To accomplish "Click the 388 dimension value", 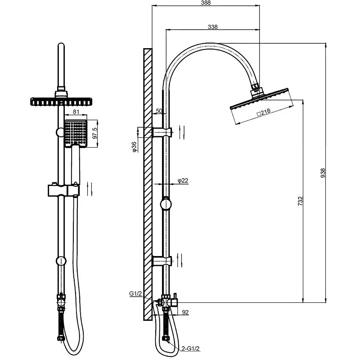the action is (x=206, y=3).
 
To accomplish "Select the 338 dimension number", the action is (x=212, y=27).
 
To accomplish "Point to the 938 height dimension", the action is (x=323, y=173).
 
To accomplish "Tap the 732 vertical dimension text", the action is (x=300, y=201).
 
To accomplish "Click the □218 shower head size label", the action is (x=264, y=112).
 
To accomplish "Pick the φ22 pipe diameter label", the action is (x=183, y=181).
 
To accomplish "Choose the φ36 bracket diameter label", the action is (x=134, y=147).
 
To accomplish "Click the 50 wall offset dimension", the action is (x=159, y=111).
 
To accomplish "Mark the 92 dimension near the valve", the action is (x=185, y=312).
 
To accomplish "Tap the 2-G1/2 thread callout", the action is (x=190, y=348).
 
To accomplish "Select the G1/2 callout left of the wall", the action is (x=136, y=293).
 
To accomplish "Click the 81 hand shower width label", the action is (x=76, y=112).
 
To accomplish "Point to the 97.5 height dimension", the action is (x=94, y=133).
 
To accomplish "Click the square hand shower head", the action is (x=76, y=134).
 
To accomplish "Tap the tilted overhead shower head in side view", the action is (x=262, y=98).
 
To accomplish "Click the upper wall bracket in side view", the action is (x=162, y=132).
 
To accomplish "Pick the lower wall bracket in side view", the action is (x=162, y=261).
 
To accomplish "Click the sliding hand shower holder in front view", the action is (x=63, y=190).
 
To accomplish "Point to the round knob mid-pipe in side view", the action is (x=166, y=204).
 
